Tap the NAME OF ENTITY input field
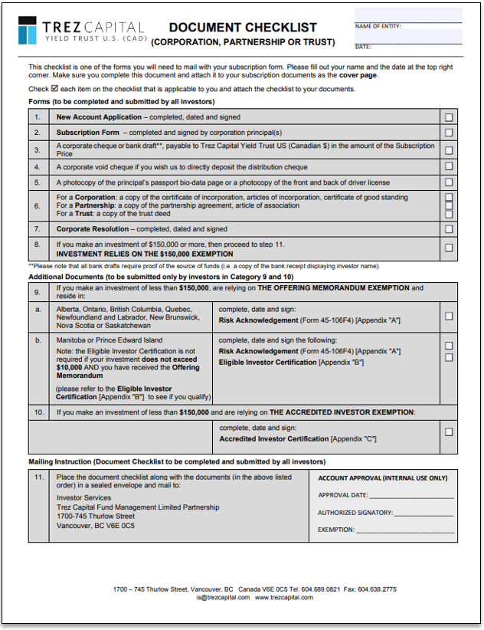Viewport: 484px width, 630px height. [x=408, y=16]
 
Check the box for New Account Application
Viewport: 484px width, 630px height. [x=449, y=117]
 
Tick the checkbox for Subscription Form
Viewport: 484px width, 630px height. [x=449, y=133]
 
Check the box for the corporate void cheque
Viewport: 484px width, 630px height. [x=449, y=167]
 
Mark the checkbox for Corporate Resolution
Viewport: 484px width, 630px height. [x=449, y=229]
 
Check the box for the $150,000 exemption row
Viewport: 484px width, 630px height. [x=449, y=248]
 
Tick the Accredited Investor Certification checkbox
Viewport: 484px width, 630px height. [x=449, y=432]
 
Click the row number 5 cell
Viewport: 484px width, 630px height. [x=38, y=182]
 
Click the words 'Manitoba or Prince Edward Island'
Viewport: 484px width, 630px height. [x=110, y=340]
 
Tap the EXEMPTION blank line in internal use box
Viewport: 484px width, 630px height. [x=406, y=530]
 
